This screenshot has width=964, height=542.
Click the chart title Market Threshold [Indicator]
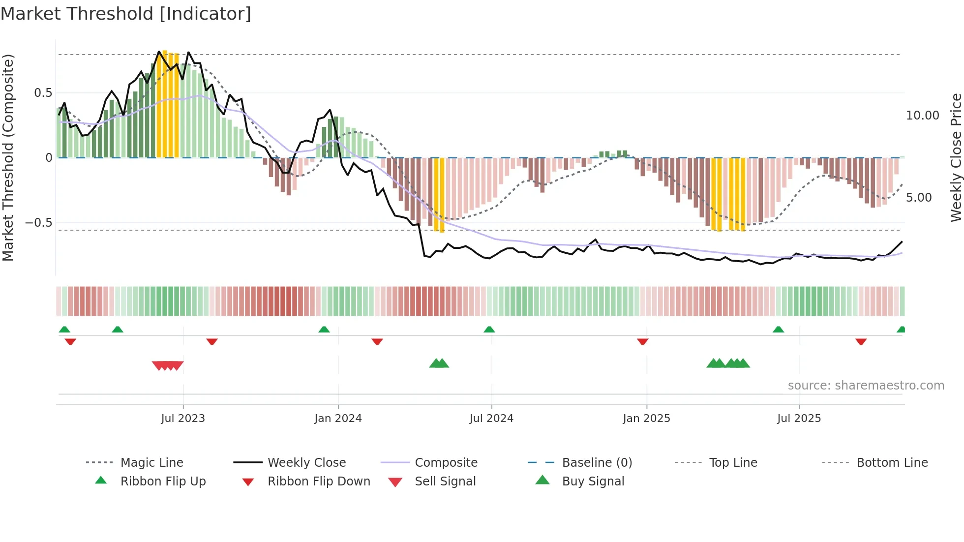[x=126, y=14]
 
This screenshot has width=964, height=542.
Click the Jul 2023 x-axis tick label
[x=183, y=419]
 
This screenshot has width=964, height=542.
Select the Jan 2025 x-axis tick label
[x=646, y=419]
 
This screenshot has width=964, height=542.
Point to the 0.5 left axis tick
[x=43, y=93]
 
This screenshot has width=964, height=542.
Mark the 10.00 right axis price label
[x=922, y=116]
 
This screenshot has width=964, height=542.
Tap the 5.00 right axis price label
[x=918, y=198]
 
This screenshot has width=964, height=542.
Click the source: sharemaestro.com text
[x=866, y=386]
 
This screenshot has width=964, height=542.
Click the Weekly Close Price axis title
[x=956, y=157]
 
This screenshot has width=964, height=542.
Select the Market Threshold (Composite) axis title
[x=8, y=157]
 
